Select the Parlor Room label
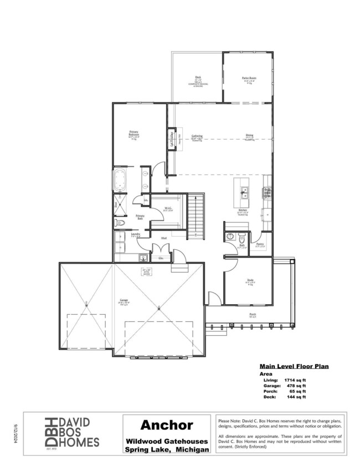[x=248, y=79]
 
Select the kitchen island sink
[x=243, y=193]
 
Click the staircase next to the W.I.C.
[x=196, y=216]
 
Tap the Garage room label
[x=123, y=301]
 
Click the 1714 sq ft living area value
[x=294, y=380]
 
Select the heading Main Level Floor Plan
[x=295, y=366]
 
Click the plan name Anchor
[x=166, y=426]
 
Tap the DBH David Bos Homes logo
[x=72, y=431]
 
